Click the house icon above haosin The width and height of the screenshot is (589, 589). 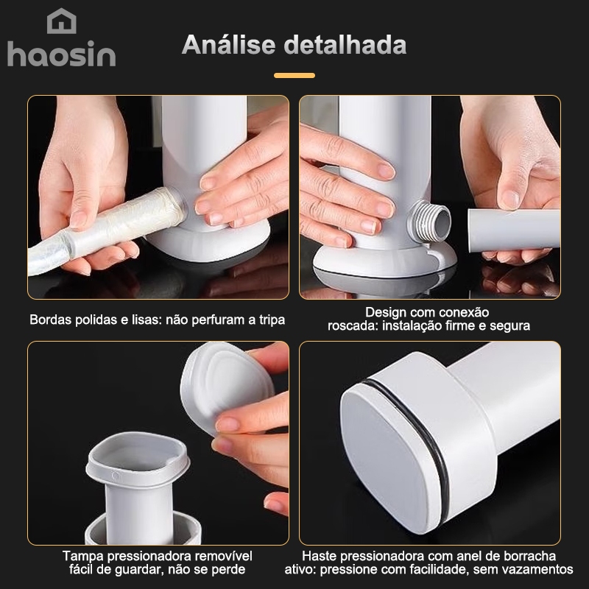pos(62,21)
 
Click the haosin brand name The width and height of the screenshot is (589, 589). pos(62,54)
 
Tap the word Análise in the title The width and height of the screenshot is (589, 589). pos(229,45)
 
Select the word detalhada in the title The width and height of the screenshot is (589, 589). pos(345,45)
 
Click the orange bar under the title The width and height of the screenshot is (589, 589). pos(294,76)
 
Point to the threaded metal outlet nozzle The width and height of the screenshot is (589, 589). pos(430,222)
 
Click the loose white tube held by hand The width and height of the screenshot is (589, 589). pos(514,229)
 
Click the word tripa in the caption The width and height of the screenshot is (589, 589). pos(272,320)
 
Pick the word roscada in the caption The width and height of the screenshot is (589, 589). pos(353,325)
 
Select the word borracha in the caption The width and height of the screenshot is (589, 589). pos(529,556)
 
